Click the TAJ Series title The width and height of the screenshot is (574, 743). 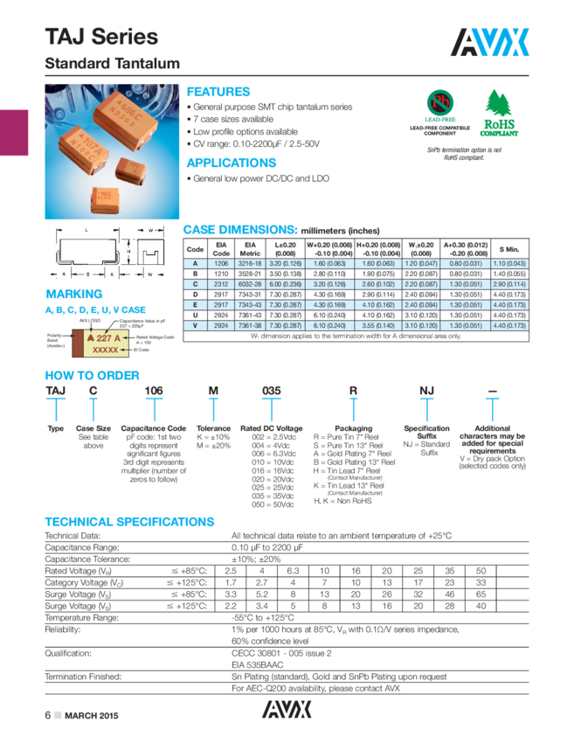coord(101,38)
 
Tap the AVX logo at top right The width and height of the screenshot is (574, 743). coord(491,40)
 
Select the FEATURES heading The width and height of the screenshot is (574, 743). coord(218,92)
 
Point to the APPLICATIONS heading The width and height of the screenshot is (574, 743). coord(232,163)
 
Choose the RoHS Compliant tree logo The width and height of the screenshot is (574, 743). coord(499,116)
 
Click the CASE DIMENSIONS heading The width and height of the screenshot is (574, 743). coord(239,228)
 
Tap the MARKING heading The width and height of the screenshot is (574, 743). coord(73,295)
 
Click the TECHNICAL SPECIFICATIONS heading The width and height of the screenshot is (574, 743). coord(129,522)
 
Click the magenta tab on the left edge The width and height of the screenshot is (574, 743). coord(14,133)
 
